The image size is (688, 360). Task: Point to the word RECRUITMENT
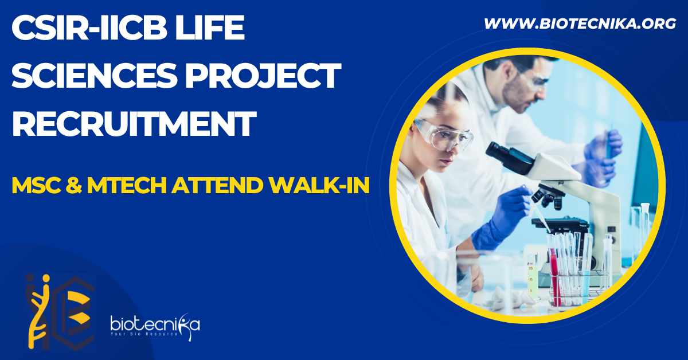pos(134,123)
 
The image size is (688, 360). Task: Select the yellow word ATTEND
pos(217,186)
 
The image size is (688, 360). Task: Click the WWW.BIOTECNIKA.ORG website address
pos(580,24)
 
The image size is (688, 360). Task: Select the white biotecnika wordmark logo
pos(155,326)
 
